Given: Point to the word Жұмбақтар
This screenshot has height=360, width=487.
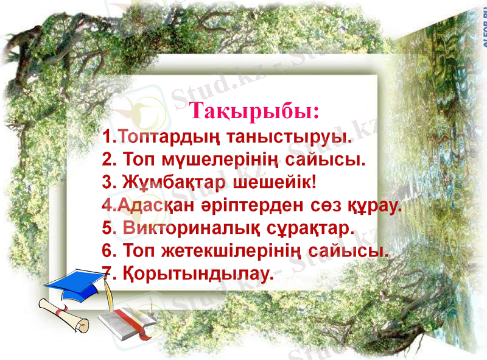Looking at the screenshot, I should pos(165,182).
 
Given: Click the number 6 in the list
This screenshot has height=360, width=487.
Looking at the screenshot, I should pos(108,250).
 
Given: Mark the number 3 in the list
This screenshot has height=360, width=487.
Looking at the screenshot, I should pos(108,182).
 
